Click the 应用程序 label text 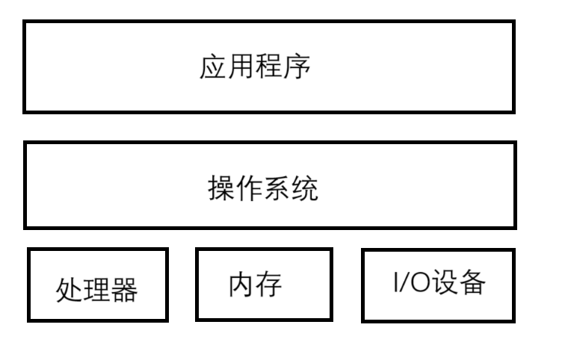pyautogui.click(x=256, y=67)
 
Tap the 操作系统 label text pyautogui.click(x=263, y=188)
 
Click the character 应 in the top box pyautogui.click(x=214, y=67)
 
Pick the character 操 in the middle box pyautogui.click(x=221, y=188)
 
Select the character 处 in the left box pyautogui.click(x=70, y=290)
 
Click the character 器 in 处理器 pyautogui.click(x=125, y=290)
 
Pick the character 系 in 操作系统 pyautogui.click(x=277, y=188)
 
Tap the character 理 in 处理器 pyautogui.click(x=97, y=290)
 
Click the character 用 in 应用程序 pyautogui.click(x=241, y=67)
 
